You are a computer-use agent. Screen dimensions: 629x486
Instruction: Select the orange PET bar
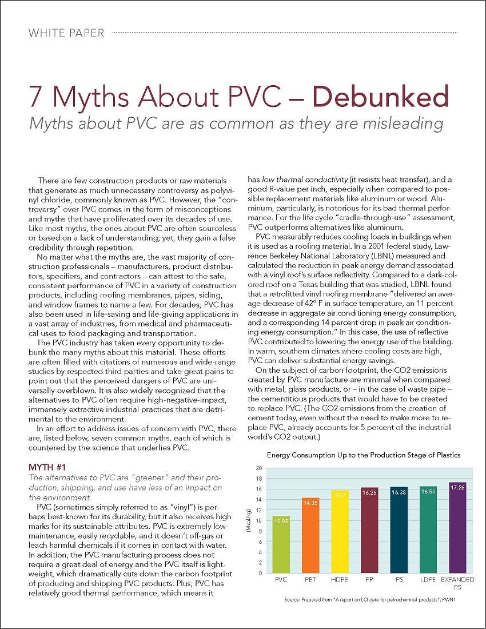[310, 535]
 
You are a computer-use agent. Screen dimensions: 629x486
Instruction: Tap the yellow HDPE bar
[339, 532]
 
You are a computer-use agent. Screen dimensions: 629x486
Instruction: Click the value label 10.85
[281, 521]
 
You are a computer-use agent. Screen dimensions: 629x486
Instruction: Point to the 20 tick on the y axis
[259, 468]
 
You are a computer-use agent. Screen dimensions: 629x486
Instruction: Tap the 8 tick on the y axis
[260, 531]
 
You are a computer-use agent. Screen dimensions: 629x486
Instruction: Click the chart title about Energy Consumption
[364, 455]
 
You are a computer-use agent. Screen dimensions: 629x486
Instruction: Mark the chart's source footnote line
[365, 600]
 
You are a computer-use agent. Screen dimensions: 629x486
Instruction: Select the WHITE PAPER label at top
[66, 33]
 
